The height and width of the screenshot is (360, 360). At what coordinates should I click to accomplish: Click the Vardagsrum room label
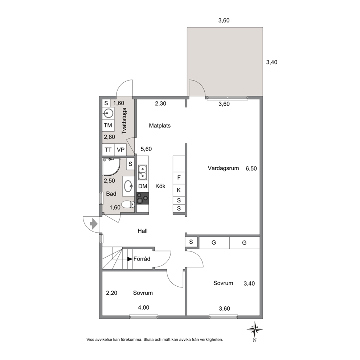pos(223,168)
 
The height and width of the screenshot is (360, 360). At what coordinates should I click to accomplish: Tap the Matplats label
pos(160,126)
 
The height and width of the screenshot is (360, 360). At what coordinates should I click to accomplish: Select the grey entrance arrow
pos(93,224)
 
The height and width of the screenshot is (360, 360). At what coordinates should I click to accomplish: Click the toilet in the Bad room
pos(128,204)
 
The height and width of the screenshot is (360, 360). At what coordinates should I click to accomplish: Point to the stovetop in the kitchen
pos(143,199)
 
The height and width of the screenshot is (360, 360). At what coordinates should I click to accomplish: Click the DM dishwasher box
pos(143,186)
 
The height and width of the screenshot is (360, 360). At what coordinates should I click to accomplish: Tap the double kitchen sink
pos(143,172)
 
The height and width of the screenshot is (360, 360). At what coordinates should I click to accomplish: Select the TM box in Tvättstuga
pos(108,125)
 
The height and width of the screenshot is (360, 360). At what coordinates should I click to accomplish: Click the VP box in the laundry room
pos(120,150)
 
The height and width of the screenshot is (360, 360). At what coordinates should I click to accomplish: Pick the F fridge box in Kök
pos(179,178)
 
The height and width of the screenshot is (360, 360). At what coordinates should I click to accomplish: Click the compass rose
pos(255,330)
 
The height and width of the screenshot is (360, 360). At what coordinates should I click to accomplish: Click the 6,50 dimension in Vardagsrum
pos(251,168)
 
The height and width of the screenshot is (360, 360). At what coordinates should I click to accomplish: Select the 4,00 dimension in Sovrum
pos(143,307)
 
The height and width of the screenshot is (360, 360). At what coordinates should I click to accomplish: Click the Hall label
pos(143,231)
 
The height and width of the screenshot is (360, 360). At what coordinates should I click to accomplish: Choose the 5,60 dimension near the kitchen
pos(146,149)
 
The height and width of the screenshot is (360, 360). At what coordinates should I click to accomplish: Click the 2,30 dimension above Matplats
pos(160,103)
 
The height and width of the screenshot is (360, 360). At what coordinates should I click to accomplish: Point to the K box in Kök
pos(179,190)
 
